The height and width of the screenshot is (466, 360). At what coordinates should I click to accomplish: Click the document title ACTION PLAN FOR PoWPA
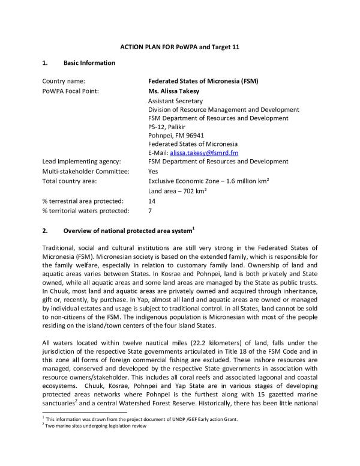[x=179, y=47]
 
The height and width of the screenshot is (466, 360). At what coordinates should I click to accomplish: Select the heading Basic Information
[x=89, y=62]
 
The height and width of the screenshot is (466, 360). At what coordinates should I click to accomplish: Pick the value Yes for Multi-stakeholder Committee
[x=153, y=171]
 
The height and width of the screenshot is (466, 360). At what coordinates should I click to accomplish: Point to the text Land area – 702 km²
[x=178, y=191]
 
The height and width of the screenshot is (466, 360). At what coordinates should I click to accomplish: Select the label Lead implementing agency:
[x=78, y=162]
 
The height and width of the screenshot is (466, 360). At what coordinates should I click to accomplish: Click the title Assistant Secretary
[x=175, y=101]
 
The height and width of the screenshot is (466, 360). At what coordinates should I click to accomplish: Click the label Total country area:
[x=70, y=181]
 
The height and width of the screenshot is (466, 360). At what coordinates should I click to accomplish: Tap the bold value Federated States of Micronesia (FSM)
[x=208, y=80]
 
